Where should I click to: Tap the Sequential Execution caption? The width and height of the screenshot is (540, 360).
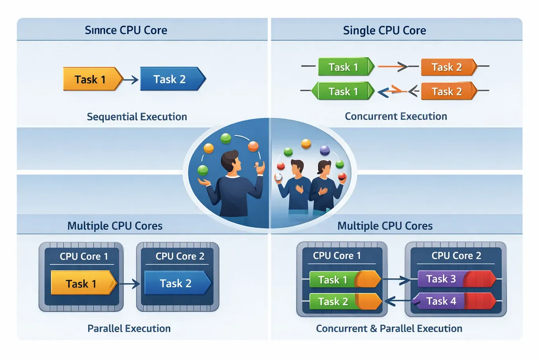pyautogui.click(x=137, y=117)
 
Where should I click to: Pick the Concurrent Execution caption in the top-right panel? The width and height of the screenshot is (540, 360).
pyautogui.click(x=396, y=117)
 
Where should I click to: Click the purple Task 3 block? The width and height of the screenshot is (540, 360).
pyautogui.click(x=441, y=279)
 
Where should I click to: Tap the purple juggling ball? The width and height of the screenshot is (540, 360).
pyautogui.click(x=325, y=150)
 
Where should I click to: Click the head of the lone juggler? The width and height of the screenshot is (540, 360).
pyautogui.click(x=230, y=161)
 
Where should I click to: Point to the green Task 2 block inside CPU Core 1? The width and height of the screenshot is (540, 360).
pyautogui.click(x=333, y=302)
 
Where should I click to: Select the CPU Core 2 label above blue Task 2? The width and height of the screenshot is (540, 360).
pyautogui.click(x=180, y=257)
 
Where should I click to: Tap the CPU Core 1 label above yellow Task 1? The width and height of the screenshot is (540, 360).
pyautogui.click(x=84, y=257)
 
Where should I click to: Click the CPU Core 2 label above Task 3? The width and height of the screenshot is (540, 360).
pyautogui.click(x=456, y=256)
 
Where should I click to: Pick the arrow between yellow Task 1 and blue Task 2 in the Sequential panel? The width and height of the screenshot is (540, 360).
pyautogui.click(x=131, y=80)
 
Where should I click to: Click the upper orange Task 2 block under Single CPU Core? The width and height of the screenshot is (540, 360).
pyautogui.click(x=447, y=67)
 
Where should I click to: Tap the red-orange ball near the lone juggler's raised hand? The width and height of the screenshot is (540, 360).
pyautogui.click(x=253, y=146)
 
